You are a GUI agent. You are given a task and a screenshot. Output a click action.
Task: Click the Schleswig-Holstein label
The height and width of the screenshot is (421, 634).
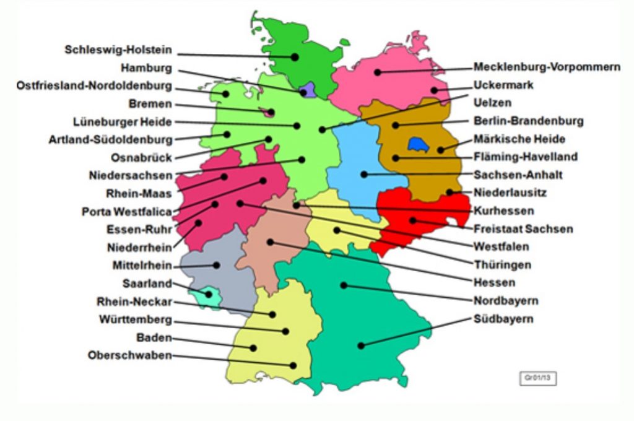[x=118, y=50]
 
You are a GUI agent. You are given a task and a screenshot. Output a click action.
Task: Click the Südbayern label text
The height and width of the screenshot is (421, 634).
[x=503, y=319]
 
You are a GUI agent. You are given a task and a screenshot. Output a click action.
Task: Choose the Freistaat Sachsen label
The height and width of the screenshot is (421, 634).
[x=523, y=229]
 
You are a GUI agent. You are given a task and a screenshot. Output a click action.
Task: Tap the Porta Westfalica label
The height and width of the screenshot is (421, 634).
[x=127, y=211]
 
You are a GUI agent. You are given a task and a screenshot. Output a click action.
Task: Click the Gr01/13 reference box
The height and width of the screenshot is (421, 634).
[x=537, y=377]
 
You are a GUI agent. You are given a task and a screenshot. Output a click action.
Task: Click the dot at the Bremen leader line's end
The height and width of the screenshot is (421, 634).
[x=271, y=113]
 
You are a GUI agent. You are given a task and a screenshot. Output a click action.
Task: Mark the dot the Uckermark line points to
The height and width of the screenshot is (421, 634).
[x=434, y=90]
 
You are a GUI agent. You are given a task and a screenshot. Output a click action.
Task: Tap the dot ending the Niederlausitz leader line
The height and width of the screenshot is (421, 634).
[x=449, y=193]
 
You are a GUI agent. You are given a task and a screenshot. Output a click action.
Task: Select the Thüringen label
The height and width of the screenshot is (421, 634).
[x=503, y=265]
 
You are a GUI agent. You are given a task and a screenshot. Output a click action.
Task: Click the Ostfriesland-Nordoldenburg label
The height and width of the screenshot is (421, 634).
[x=94, y=85]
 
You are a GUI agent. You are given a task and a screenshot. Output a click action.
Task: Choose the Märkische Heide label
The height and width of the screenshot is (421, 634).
[x=519, y=139]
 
